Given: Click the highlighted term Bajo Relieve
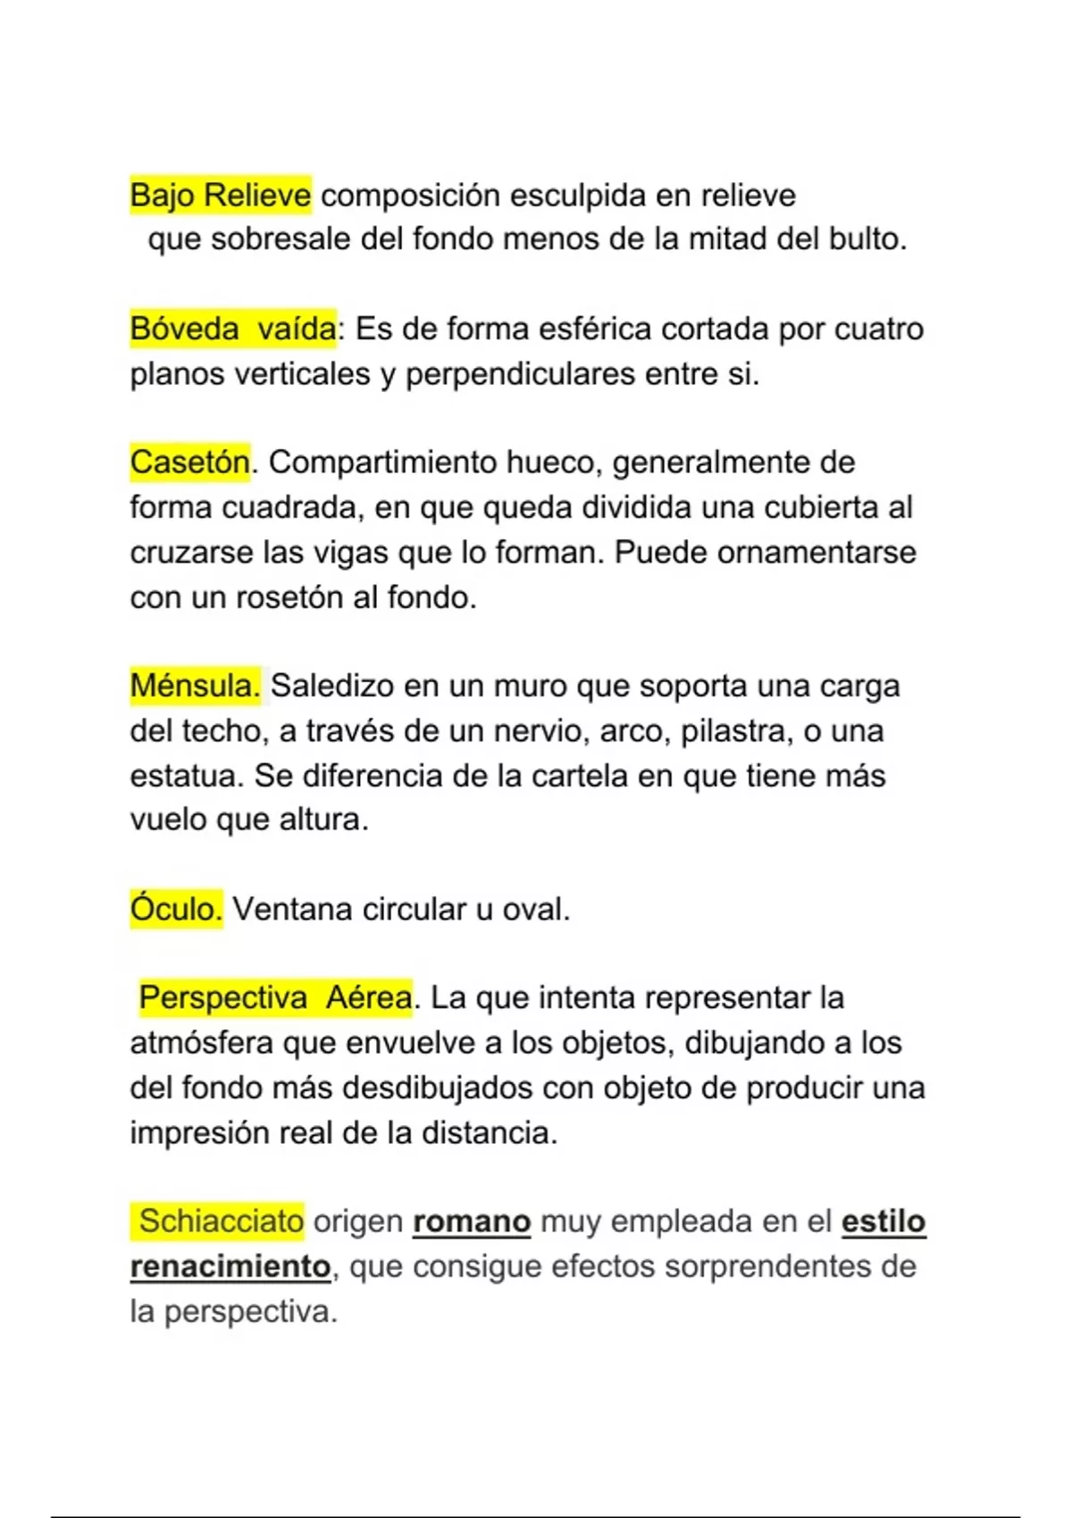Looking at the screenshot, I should point(220,195).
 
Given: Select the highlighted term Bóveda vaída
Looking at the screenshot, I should point(233,329).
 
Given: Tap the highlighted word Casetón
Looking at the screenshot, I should point(189,463).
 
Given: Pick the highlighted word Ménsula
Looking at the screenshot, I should point(195,686).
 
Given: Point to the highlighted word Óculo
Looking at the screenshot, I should point(176,909).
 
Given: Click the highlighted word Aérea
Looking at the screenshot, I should point(368,997).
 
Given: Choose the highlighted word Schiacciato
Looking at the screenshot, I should point(221,1221).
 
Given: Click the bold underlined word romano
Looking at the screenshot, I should point(472,1221).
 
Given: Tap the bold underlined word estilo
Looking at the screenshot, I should point(883,1221).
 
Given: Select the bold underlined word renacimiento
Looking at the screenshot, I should point(230,1266).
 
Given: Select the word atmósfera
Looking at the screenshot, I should point(202,1042).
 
